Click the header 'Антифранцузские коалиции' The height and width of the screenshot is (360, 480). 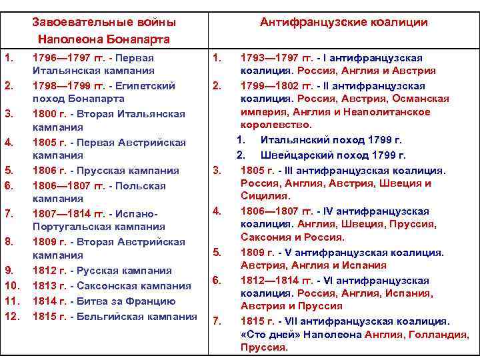tap(344, 23)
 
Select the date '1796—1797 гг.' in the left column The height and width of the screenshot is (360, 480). tap(65, 57)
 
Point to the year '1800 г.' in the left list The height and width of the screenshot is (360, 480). tap(49, 113)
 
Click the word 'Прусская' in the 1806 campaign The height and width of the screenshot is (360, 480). tap(101, 170)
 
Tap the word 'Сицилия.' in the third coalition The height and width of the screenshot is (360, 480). tap(265, 196)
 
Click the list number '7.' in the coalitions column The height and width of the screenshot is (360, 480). tap(216, 321)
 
